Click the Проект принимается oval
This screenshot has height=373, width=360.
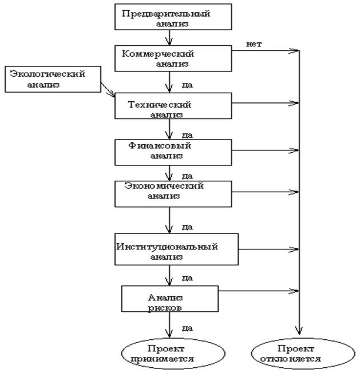click(x=168, y=355)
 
